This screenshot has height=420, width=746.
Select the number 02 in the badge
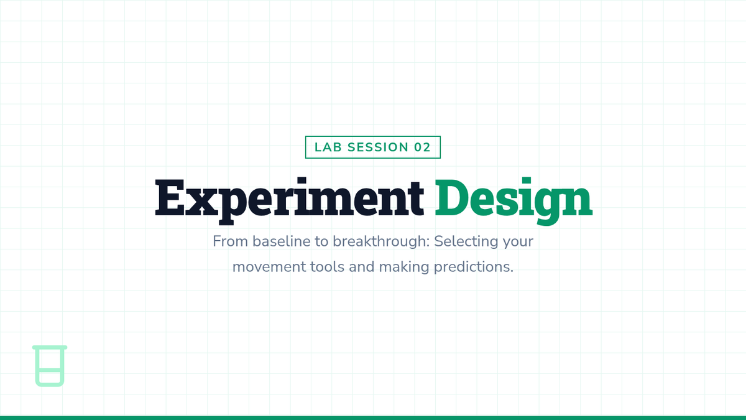click(x=422, y=147)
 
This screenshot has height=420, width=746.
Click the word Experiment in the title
click(x=290, y=200)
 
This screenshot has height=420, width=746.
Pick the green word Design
click(x=513, y=200)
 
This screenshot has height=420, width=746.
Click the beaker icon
click(x=50, y=366)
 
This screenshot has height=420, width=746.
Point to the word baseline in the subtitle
click(x=282, y=241)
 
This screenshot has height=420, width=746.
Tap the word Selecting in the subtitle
click(x=466, y=242)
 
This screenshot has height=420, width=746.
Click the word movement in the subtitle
click(x=269, y=267)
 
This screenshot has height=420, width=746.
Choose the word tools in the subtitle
click(x=328, y=267)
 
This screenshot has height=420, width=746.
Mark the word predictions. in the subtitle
click(x=474, y=268)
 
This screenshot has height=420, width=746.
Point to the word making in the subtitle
click(x=404, y=268)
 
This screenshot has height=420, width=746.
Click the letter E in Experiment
click(x=170, y=197)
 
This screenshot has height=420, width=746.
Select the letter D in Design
click(x=451, y=197)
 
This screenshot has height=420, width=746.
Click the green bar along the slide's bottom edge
click(x=373, y=418)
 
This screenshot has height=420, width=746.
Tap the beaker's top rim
click(x=50, y=347)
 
